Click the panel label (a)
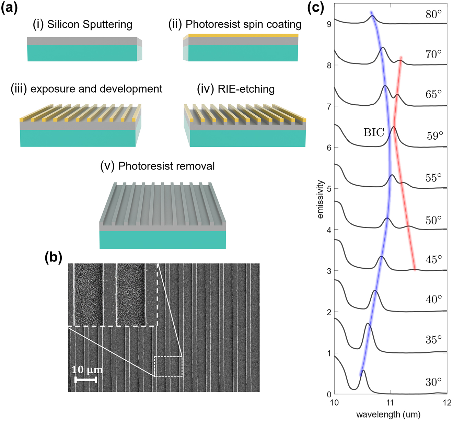pos(9,8)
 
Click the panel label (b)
pos(53,258)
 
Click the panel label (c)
pos(315,8)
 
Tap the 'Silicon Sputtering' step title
pos(82,24)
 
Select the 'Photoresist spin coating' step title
pos(235,24)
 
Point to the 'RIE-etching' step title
pos(236,89)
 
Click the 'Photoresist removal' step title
pos(158,166)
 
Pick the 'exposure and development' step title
pos(86,89)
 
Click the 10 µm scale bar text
pos(87,370)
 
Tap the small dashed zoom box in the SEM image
pos(168,367)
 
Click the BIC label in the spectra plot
pos(374,133)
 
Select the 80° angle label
pos(433,14)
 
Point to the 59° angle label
pos(435,136)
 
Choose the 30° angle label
pos(433,382)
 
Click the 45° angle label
pos(434,259)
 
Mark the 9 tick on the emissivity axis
pos(329,24)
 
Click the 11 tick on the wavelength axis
pos(390,402)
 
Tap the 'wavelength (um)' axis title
pos(388,414)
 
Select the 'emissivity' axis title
pos(320,199)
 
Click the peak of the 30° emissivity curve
pos(363,370)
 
